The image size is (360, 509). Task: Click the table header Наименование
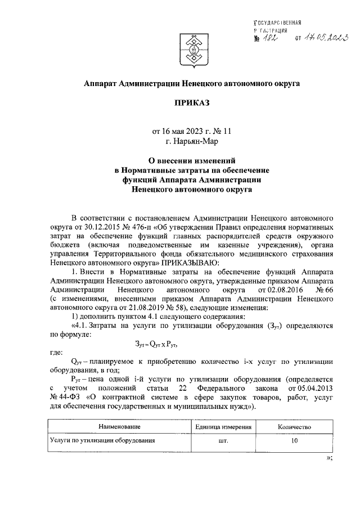[118, 427]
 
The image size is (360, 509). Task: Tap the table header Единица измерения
[223, 427]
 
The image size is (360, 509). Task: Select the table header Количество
[294, 427]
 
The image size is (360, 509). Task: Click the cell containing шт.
[223, 441]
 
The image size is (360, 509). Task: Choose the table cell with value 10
[294, 441]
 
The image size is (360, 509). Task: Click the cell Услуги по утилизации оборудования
[102, 441]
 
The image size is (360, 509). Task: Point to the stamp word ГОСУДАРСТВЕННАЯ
[279, 23]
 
